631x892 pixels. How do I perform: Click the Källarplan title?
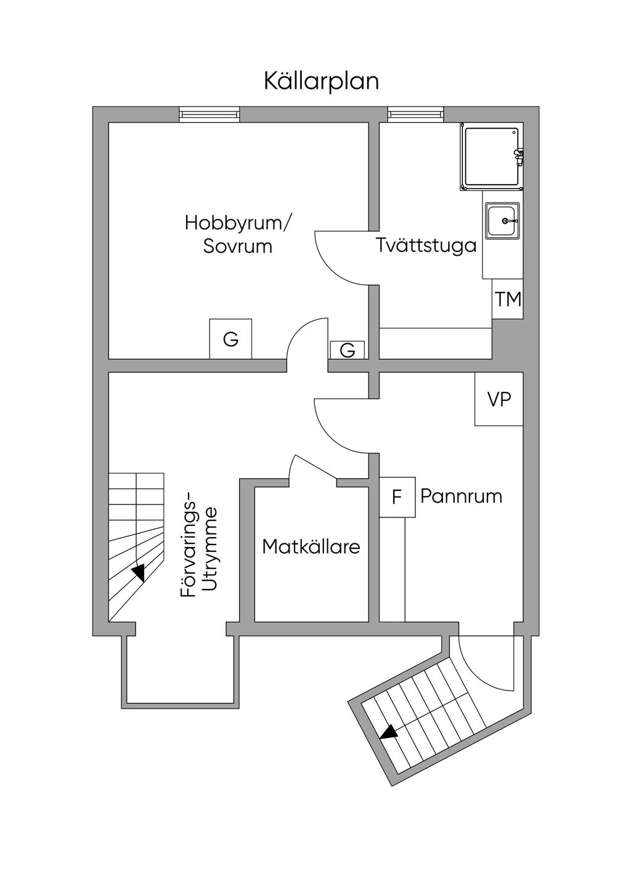pos(321,81)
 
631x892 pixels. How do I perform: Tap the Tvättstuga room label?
pos(426,245)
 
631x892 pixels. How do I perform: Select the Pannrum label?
pos(461,496)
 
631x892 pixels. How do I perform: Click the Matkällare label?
pos(311,546)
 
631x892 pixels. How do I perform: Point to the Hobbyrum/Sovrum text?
pos(238,234)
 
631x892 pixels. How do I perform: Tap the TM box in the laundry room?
pos(508,299)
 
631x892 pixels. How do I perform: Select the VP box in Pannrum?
pos(499,399)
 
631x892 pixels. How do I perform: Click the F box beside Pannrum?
pos(397,497)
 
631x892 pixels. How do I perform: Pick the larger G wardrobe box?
pos(230,339)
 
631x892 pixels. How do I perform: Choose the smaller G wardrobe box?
pos(348,350)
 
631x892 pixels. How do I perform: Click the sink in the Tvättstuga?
pos(503,221)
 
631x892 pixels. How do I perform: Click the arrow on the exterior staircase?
pos(389,732)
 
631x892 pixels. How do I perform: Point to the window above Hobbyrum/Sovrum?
pos(209,114)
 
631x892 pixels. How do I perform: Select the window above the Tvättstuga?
pos(415,114)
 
